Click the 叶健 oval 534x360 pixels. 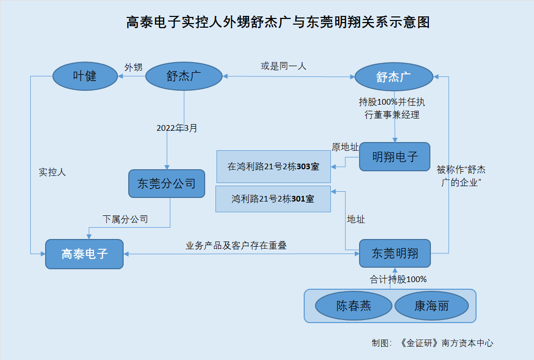tap(85, 76)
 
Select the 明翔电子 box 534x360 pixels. tap(394, 157)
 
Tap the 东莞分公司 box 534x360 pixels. tap(167, 184)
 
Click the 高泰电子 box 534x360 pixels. tap(85, 253)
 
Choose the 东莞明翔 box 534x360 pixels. tap(394, 253)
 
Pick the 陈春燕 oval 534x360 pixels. tap(353, 307)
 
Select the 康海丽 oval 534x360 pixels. tap(431, 307)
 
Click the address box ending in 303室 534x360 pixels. tap(273, 167)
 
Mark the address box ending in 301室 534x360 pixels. tap(273, 199)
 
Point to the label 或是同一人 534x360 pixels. tap(283, 66)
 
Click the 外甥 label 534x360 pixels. tap(133, 67)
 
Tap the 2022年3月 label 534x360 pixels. tap(177, 128)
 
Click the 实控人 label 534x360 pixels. tap(53, 172)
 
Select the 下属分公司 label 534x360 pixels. tap(125, 219)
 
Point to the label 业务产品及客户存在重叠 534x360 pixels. tap(236, 246)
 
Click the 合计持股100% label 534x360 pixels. tap(399, 279)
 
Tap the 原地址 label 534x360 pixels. tap(345, 147)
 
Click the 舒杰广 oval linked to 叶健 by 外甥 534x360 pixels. tap(184, 76)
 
